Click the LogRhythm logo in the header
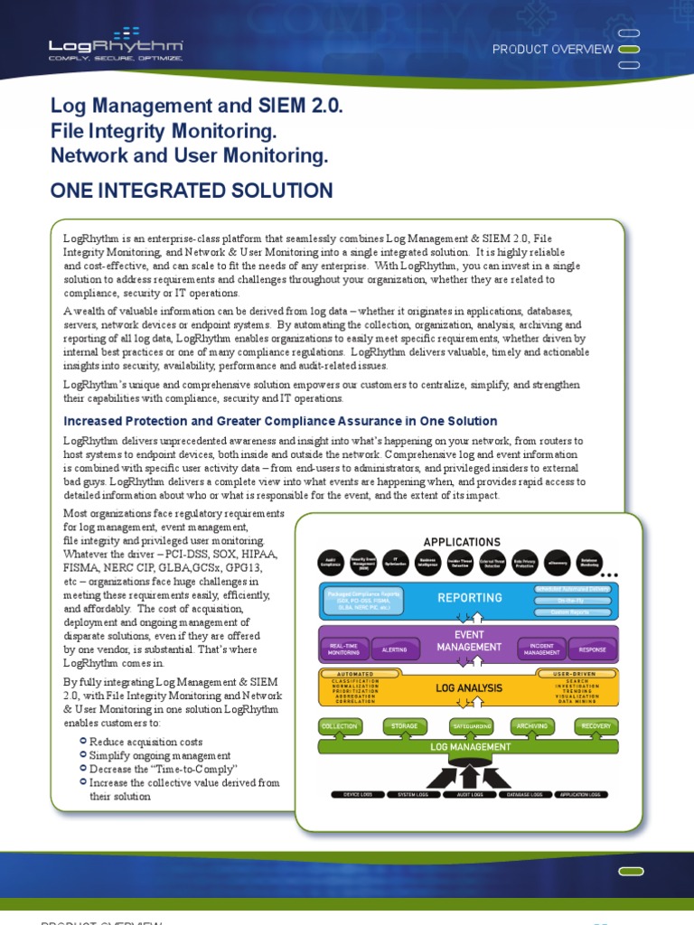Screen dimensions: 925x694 tap(116, 48)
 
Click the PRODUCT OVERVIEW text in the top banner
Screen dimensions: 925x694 tap(552, 50)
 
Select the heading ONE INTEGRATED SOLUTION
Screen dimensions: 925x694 tap(192, 191)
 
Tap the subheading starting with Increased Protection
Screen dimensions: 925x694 tap(280, 421)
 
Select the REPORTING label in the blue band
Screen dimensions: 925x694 tap(470, 598)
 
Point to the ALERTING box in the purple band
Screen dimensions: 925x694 tap(394, 649)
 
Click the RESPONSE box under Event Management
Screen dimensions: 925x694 tap(593, 649)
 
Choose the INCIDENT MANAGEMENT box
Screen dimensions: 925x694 tap(542, 649)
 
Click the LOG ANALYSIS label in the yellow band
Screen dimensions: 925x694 tap(469, 688)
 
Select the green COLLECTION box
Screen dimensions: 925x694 tap(340, 725)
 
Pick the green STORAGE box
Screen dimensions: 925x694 tap(404, 725)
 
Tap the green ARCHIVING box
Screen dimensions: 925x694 tap(533, 725)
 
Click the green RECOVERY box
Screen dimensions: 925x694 tap(596, 725)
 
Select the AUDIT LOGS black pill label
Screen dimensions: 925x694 tap(469, 795)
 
